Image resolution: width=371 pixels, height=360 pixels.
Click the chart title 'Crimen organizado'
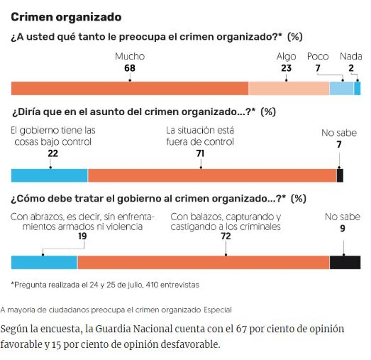[x=66, y=17]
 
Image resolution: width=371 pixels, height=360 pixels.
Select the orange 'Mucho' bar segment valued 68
[x=130, y=88]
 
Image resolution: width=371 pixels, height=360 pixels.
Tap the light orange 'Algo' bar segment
[x=289, y=88]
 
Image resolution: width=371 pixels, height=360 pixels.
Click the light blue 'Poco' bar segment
[x=341, y=88]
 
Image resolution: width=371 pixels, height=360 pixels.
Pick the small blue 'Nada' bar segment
[x=357, y=88]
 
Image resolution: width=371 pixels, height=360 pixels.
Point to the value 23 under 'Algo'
[x=286, y=68]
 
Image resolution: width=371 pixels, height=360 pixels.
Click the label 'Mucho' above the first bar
[x=130, y=56]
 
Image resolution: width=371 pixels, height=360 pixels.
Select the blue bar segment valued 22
[x=49, y=175]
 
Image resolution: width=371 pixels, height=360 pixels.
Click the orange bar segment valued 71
[x=212, y=175]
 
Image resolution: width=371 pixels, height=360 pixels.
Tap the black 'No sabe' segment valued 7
[x=340, y=175]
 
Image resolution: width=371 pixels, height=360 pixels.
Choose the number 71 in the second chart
[x=200, y=154]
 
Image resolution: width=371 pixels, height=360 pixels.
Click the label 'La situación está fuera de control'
[x=200, y=136]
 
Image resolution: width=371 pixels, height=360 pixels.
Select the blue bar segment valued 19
[x=44, y=262]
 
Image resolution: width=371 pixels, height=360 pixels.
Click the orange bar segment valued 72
[x=203, y=262]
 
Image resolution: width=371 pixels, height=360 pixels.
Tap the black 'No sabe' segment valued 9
[x=345, y=262]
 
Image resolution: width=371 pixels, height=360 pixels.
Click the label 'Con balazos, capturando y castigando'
[x=226, y=222]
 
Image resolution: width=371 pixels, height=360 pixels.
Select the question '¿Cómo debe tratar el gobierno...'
[x=158, y=199]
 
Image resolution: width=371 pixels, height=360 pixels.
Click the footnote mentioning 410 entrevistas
[x=105, y=285]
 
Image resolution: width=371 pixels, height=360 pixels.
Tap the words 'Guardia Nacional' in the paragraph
[x=134, y=329]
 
